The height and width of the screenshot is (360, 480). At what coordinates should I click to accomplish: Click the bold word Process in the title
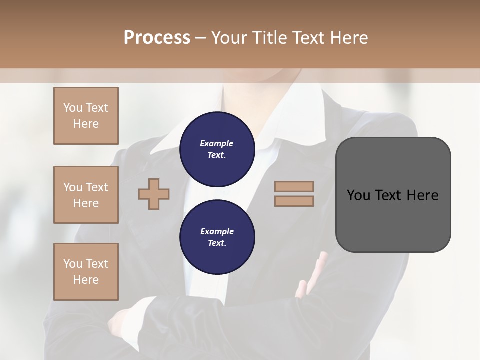pos(157,37)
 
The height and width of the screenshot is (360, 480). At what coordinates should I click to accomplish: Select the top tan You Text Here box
pos(86,116)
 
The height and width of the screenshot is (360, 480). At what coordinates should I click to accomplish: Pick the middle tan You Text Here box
pos(86,195)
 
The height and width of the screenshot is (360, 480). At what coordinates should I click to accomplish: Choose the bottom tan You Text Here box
pos(86,272)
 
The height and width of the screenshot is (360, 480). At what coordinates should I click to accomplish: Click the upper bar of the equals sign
pos(294,186)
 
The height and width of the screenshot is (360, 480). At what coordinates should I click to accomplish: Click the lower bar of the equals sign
pos(294,201)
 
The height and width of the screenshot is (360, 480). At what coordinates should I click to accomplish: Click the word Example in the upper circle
pos(216,143)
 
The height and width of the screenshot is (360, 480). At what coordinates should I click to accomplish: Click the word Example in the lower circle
pos(217,231)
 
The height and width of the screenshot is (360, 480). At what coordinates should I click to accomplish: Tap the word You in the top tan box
pos(73,108)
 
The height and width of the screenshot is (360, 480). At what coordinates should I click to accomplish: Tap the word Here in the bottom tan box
pos(86,280)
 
